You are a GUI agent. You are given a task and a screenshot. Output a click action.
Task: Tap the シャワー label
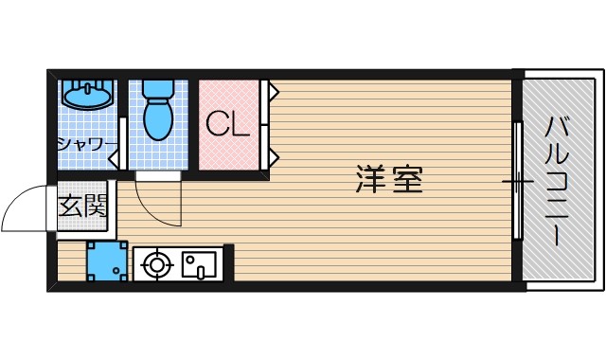86,144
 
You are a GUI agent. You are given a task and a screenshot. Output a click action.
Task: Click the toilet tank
156,87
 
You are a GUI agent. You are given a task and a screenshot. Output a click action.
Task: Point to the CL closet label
228,125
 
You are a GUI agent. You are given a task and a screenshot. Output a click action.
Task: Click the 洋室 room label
389,179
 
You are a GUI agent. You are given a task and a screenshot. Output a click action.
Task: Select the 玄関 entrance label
83,206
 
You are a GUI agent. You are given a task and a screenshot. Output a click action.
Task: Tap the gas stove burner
155,263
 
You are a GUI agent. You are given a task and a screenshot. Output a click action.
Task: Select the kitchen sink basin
200,263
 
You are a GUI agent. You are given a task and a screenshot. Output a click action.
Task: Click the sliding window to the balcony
517,180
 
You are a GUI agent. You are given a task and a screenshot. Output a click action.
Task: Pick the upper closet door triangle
273,93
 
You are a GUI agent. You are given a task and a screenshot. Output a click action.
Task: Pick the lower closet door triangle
273,154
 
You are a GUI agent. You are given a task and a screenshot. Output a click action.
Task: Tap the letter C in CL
217,125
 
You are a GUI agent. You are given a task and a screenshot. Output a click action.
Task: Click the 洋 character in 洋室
371,179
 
